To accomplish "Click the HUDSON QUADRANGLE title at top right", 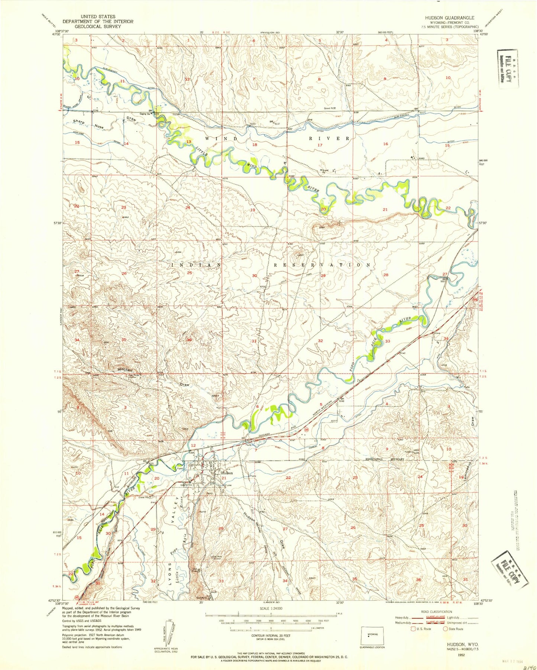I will click(450, 17).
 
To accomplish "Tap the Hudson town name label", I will click(227, 473).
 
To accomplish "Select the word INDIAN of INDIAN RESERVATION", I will click(196, 265).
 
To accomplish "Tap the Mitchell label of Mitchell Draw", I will click(125, 370).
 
